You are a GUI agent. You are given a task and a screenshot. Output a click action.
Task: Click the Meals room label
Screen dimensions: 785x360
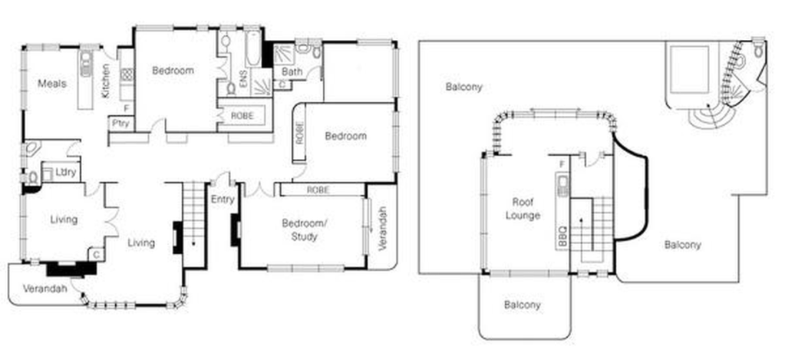(52, 84)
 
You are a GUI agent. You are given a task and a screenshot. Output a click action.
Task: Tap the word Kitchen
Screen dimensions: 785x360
(106, 81)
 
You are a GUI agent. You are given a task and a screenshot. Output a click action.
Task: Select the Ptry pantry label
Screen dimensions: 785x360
(121, 123)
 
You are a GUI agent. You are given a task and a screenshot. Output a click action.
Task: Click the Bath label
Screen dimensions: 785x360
(292, 71)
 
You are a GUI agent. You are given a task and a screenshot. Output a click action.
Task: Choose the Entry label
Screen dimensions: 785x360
(223, 200)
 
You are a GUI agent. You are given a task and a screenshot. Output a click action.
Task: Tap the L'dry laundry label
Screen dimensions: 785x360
(66, 173)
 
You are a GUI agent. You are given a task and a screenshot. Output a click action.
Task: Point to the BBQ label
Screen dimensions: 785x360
(562, 237)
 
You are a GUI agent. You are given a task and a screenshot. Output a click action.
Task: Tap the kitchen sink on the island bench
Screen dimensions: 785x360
(87, 64)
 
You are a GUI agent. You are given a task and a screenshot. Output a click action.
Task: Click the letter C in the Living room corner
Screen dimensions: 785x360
(96, 254)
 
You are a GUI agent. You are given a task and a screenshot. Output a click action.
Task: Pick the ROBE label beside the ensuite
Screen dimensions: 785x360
(242, 116)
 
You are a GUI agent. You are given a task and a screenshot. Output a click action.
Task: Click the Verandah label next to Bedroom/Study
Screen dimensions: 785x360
(383, 229)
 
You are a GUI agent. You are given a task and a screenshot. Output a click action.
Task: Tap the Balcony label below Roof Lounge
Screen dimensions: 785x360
(522, 305)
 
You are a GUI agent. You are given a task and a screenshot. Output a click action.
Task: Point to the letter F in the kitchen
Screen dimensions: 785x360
(126, 107)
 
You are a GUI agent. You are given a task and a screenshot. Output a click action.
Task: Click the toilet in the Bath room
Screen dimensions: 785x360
(316, 51)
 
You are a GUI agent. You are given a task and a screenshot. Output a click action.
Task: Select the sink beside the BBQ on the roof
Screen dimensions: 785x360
(562, 186)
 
